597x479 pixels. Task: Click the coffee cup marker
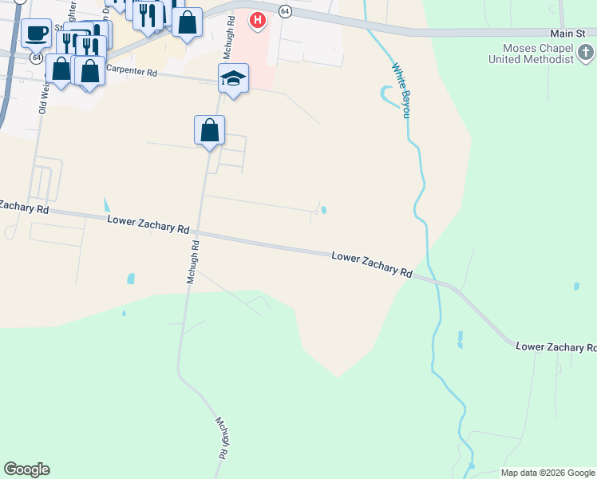pos(36,34)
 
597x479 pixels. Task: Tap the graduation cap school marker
pos(233,78)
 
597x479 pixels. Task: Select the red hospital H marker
pos(258,19)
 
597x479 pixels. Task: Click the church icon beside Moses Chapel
pos(586,54)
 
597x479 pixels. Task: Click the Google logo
pos(26,469)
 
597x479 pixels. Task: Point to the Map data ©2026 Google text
pos(547,473)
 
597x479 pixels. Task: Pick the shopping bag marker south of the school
pos(209,130)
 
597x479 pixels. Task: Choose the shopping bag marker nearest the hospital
pos(187,23)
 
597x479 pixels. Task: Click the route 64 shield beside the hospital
pos(284,9)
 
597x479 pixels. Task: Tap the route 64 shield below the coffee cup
pos(37,58)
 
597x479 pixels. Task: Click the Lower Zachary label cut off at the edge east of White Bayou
pos(556,346)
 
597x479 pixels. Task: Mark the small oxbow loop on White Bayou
pos(389,96)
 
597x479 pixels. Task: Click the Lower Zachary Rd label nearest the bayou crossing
pos(371,263)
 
